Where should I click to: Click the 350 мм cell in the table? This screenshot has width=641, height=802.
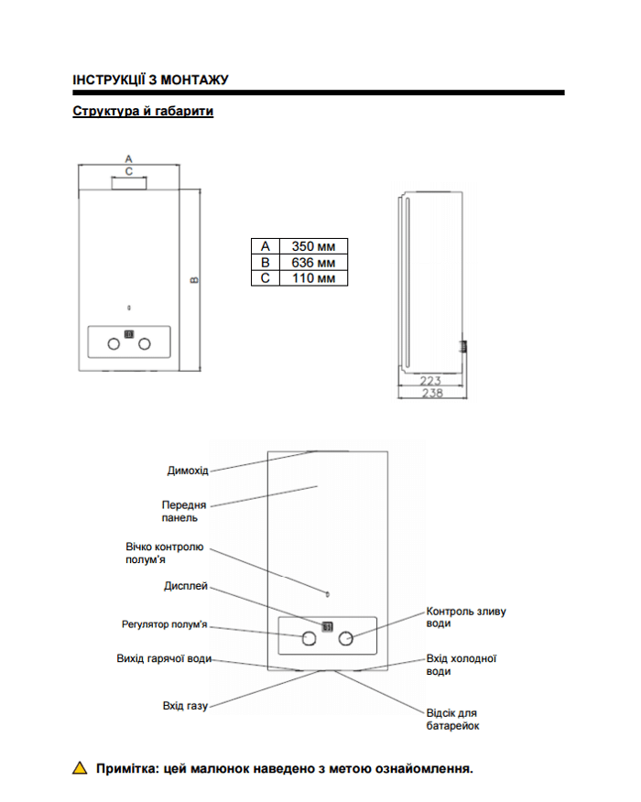(x=313, y=246)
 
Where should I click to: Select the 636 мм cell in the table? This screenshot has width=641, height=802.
(x=313, y=263)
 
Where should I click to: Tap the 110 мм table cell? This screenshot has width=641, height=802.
(x=313, y=278)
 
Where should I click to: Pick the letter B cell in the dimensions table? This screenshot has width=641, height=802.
(x=265, y=263)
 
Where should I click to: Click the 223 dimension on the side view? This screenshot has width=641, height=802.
(x=430, y=381)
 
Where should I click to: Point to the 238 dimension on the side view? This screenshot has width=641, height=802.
(x=432, y=393)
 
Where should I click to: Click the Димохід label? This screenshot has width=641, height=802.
(x=188, y=471)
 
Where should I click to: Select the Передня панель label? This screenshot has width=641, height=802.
(x=184, y=511)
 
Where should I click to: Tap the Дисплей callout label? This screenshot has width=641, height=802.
(x=186, y=586)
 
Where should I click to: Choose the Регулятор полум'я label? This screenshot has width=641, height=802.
(x=164, y=624)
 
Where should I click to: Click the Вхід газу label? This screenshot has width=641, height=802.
(x=185, y=706)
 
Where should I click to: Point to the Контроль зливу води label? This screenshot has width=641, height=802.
(x=466, y=617)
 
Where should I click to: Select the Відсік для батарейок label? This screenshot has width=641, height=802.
(x=452, y=719)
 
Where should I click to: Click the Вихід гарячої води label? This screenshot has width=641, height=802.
(x=164, y=658)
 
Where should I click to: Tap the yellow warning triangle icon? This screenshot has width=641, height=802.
(x=80, y=768)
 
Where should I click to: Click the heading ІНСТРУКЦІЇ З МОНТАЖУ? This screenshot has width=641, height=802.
(x=150, y=80)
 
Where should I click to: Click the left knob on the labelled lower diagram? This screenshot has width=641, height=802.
(x=309, y=638)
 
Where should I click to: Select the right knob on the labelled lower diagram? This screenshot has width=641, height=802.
(x=346, y=638)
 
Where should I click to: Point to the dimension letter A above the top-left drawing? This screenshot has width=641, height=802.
(x=128, y=159)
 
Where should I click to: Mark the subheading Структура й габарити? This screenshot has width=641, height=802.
(x=143, y=111)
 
